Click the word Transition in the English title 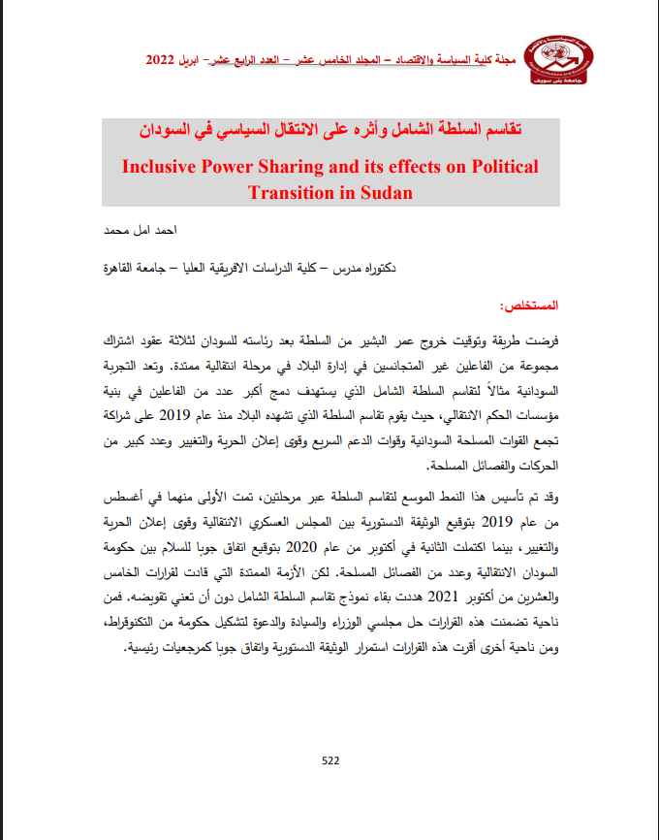pos(290,192)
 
